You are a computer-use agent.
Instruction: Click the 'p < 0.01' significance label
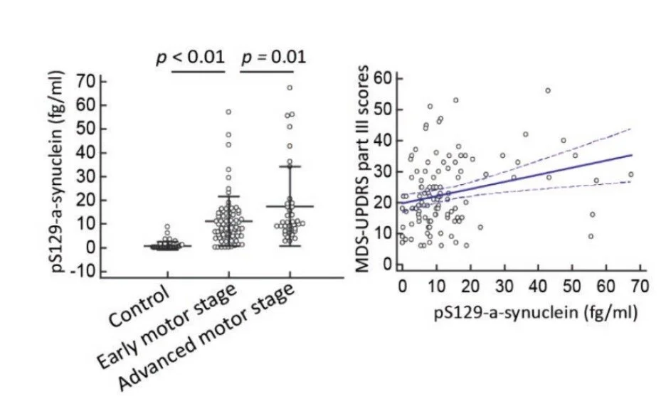[x=190, y=57]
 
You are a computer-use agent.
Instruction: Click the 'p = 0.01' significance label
[x=274, y=57]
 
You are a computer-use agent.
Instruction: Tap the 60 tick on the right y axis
[x=384, y=78]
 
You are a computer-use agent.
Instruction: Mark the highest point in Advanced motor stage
[x=290, y=88]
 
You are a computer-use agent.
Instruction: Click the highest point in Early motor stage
[x=228, y=112]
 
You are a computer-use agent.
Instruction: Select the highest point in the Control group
[x=168, y=227]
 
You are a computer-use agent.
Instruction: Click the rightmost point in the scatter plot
[x=630, y=174]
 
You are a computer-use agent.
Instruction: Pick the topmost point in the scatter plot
[x=548, y=90]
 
